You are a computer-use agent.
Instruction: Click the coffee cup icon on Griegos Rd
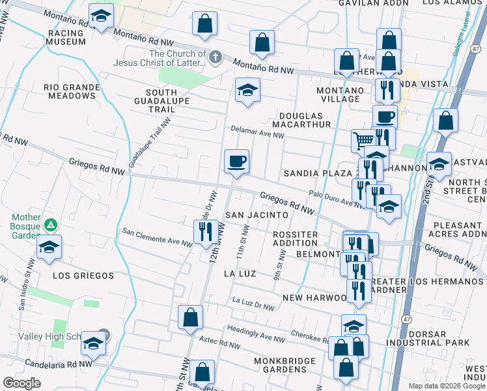[x=236, y=160]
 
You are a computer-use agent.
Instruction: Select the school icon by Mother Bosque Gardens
[x=49, y=248]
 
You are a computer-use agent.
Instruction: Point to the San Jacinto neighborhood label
[x=257, y=214]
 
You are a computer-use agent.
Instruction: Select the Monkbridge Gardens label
[x=280, y=365]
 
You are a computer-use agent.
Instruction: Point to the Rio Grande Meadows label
[x=72, y=91]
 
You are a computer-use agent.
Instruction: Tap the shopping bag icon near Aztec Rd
[x=190, y=318]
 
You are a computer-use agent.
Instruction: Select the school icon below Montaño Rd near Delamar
[x=247, y=90]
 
